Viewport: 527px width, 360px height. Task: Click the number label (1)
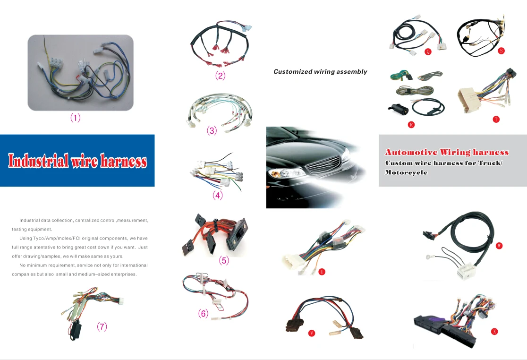[x=76, y=118]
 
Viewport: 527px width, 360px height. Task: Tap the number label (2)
[x=220, y=76]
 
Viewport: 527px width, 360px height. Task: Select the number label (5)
[x=224, y=260]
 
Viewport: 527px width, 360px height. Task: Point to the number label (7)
[x=102, y=326]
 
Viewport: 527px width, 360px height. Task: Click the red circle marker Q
[x=428, y=51]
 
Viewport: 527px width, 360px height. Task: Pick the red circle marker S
[x=501, y=51]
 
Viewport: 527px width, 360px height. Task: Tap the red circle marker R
[x=411, y=125]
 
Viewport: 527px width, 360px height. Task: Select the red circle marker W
[x=499, y=246]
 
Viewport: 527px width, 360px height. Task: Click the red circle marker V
[x=311, y=333]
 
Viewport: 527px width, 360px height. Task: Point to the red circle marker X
[x=494, y=332]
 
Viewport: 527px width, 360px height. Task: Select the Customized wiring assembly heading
[x=320, y=72]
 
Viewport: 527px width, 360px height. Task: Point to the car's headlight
[x=283, y=173]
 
